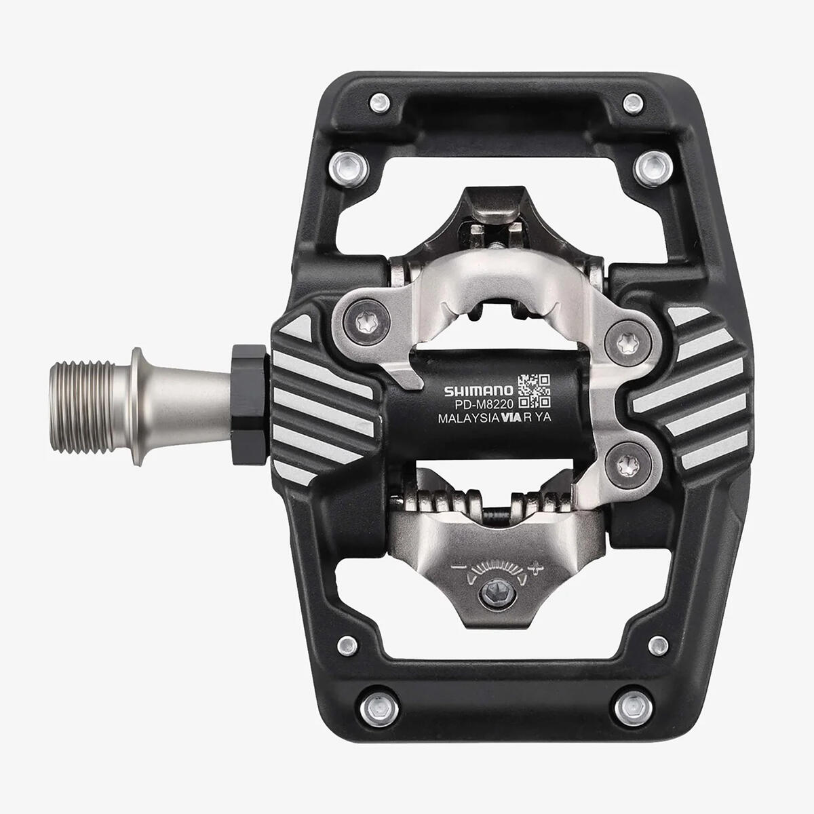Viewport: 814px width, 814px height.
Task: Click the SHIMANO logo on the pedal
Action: (x=479, y=391)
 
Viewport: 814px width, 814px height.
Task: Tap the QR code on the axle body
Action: (x=534, y=390)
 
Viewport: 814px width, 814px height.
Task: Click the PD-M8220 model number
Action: (x=484, y=405)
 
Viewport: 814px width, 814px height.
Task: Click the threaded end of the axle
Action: (x=81, y=407)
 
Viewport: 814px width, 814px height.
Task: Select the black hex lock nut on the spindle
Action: (x=249, y=404)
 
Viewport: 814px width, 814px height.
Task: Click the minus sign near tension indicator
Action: (x=457, y=566)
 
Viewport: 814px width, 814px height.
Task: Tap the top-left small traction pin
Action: (x=379, y=103)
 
